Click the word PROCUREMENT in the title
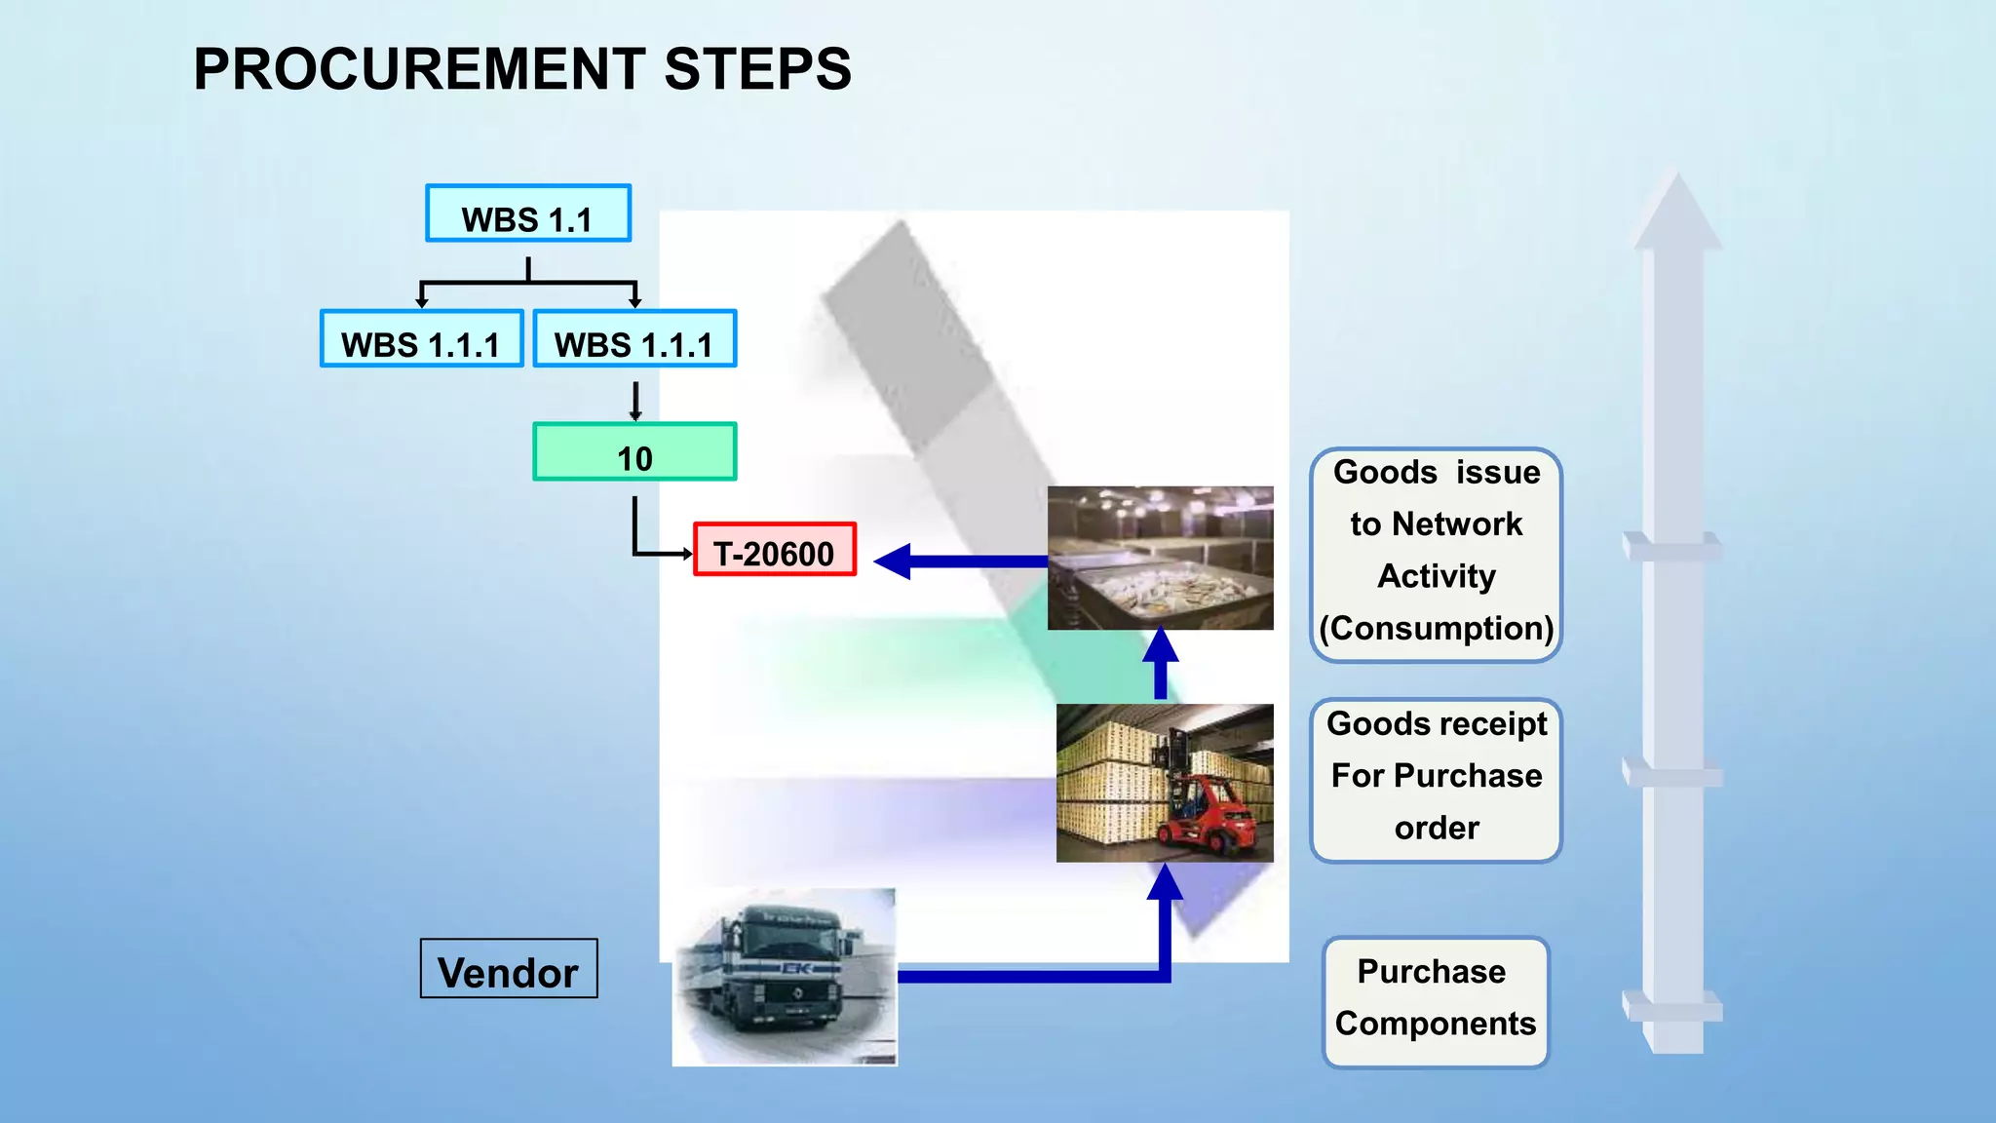point(419,69)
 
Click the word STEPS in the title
point(757,69)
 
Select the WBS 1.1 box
point(528,213)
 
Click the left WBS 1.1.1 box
point(421,339)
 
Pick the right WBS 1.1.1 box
point(634,339)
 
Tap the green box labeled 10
point(634,452)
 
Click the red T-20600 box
point(775,550)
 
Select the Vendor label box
point(508,969)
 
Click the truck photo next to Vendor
point(785,977)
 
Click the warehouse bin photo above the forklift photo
point(1160,558)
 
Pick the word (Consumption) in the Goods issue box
point(1436,629)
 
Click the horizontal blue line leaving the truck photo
point(1023,976)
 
